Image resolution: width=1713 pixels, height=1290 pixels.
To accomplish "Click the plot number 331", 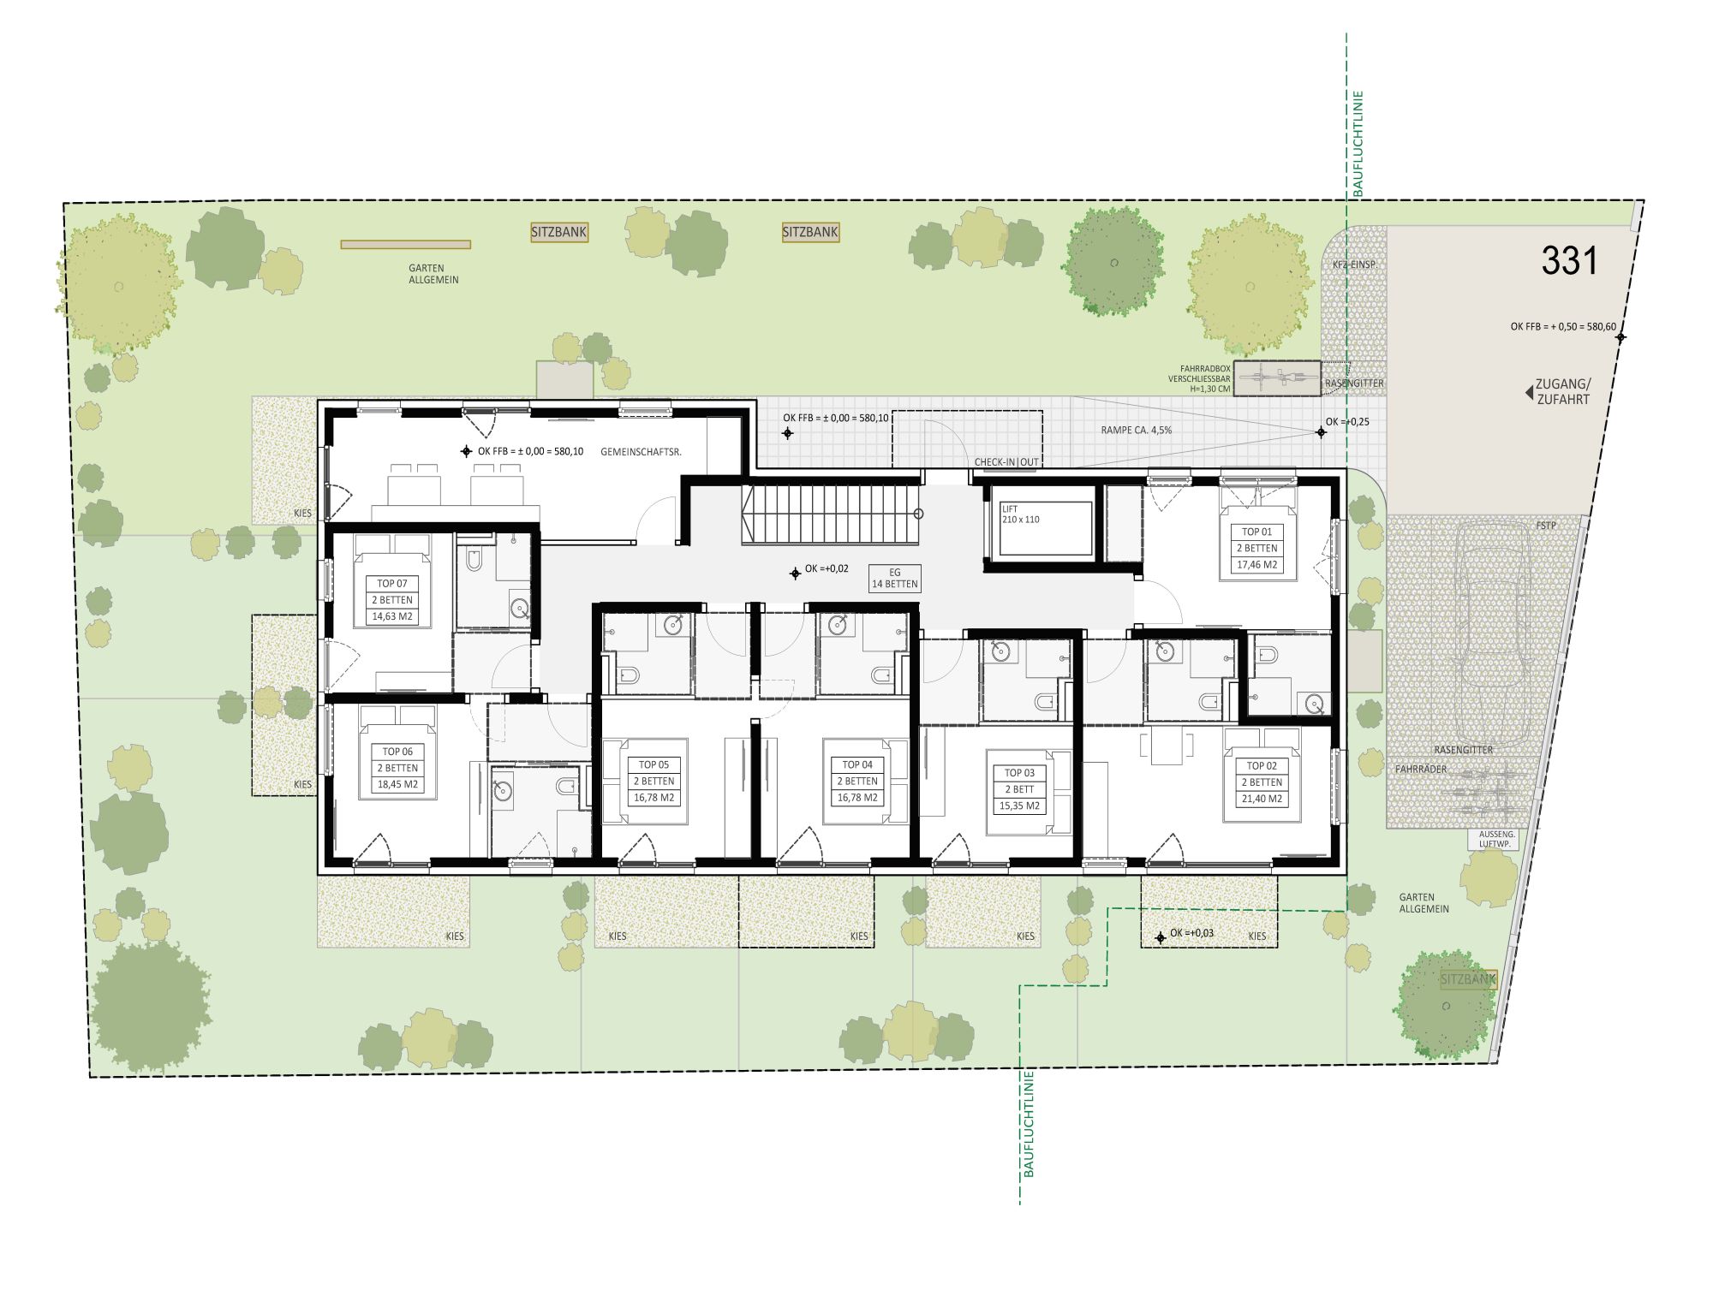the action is [x=1569, y=260].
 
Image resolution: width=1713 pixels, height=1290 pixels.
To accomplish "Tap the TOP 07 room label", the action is [x=392, y=584].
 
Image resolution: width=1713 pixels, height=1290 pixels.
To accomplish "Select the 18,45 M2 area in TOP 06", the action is [x=398, y=784].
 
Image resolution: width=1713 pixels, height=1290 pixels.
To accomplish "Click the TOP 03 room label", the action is [x=1019, y=773].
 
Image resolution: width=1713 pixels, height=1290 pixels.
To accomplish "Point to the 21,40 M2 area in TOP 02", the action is [x=1262, y=799].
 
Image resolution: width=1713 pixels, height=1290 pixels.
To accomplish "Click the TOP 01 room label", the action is [x=1256, y=532].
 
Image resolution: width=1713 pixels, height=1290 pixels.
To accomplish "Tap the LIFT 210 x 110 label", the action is [x=1020, y=514].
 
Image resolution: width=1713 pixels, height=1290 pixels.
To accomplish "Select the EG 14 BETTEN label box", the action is [x=894, y=579].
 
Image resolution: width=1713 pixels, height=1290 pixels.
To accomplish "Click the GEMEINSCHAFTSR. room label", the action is [x=641, y=452].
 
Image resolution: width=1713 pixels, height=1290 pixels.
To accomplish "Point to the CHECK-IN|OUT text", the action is [x=1006, y=462].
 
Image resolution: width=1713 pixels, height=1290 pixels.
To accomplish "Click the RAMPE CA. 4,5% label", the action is [x=1136, y=431].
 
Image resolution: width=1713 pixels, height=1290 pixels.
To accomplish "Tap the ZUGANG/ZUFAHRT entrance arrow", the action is [x=1529, y=393].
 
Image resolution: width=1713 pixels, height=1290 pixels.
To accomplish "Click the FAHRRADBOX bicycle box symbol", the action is [x=1278, y=378].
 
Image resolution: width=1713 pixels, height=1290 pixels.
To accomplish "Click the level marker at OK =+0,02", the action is [x=796, y=574].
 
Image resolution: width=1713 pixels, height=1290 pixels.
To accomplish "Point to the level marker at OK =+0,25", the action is [x=1321, y=432].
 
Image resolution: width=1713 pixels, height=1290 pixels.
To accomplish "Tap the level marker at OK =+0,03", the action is [x=1161, y=938].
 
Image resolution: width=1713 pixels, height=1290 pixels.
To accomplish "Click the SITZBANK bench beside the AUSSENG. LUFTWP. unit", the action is [x=1468, y=980].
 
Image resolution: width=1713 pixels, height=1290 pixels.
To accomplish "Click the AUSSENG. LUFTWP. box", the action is [x=1495, y=839].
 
